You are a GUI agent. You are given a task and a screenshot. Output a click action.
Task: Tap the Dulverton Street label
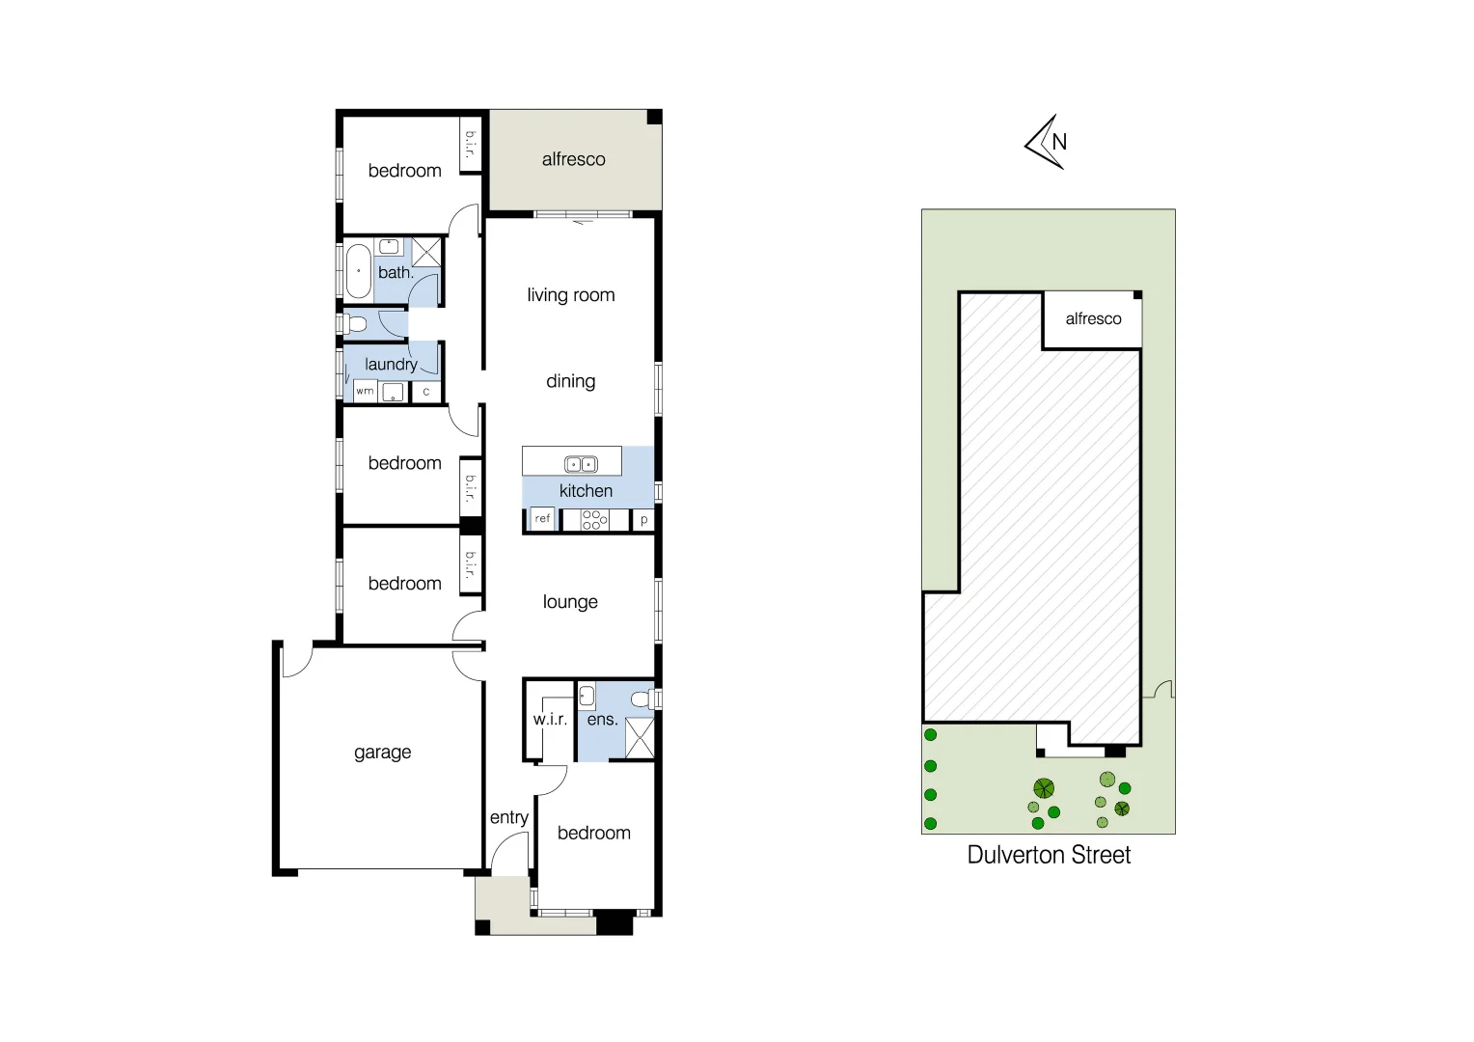coord(1049,855)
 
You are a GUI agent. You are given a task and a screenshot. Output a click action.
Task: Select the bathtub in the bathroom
coord(359,271)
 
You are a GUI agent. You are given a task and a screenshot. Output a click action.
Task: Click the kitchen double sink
coord(581,464)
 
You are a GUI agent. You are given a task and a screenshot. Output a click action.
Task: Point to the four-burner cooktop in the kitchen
coord(594,520)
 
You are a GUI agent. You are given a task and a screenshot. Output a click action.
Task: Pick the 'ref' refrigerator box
coord(542,519)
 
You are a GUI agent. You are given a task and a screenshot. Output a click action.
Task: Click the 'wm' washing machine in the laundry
coord(365,391)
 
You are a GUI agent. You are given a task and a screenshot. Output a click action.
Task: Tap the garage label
coord(382,752)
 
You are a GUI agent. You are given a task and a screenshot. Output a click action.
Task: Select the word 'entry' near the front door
coord(508,817)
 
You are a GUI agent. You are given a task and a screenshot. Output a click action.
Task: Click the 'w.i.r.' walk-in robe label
coord(550,719)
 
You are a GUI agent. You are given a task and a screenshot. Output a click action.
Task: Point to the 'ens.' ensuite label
coord(602,719)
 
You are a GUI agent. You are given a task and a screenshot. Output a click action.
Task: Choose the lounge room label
coord(570,602)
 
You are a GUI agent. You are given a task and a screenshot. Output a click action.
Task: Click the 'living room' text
coord(570,295)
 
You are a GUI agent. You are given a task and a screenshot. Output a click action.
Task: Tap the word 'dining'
coord(570,381)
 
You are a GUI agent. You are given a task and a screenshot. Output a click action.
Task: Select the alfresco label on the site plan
coord(1093,318)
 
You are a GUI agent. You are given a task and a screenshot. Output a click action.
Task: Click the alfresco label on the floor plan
coord(573,159)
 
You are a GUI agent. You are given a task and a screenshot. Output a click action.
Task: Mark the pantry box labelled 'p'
coord(643,520)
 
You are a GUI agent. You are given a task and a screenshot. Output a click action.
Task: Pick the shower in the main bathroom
coord(426,252)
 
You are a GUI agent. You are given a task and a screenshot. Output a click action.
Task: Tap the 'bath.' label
coord(396,273)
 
